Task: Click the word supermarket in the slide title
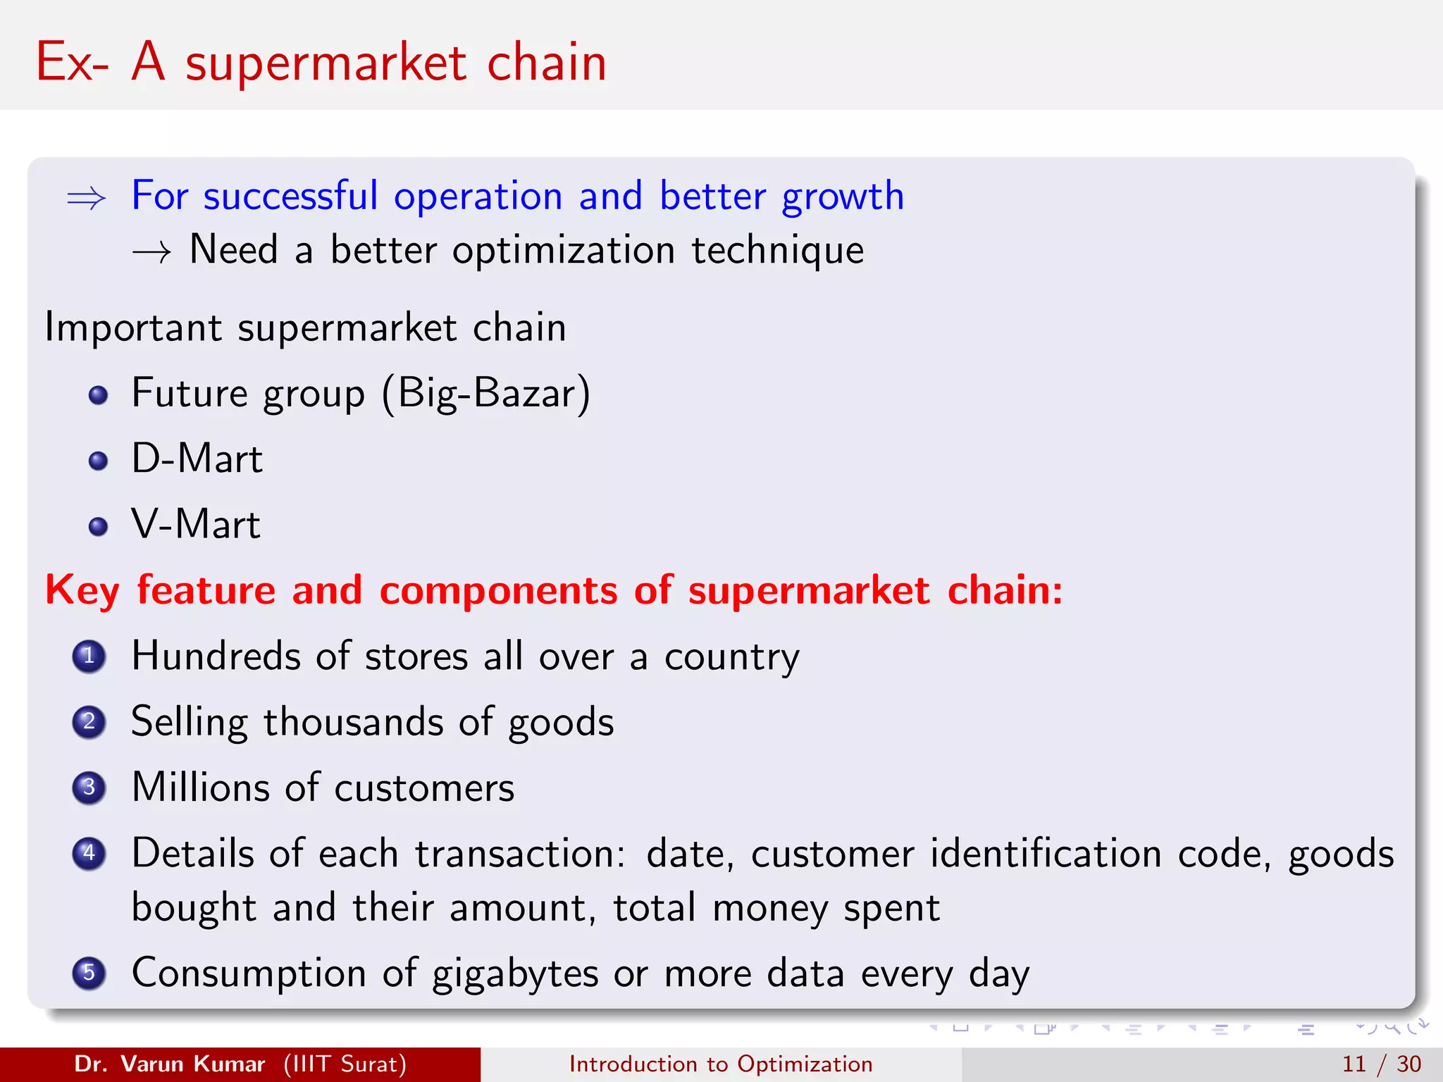(x=326, y=64)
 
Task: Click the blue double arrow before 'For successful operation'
(x=86, y=199)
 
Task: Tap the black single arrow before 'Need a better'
(x=151, y=252)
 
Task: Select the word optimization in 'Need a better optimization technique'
(x=563, y=251)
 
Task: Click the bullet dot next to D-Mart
(x=99, y=461)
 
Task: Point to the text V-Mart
(x=196, y=525)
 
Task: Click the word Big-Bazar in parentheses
(x=485, y=394)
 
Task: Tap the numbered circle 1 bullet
(x=89, y=657)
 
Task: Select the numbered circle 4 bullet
(x=89, y=854)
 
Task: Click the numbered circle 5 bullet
(x=89, y=974)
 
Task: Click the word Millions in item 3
(x=200, y=788)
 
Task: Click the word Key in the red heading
(x=82, y=591)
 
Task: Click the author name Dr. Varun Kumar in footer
(x=169, y=1064)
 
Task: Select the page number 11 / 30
(x=1381, y=1064)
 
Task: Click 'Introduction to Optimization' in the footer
(x=721, y=1064)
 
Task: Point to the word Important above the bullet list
(x=133, y=328)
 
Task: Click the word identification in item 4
(x=1046, y=854)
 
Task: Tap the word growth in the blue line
(x=843, y=197)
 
